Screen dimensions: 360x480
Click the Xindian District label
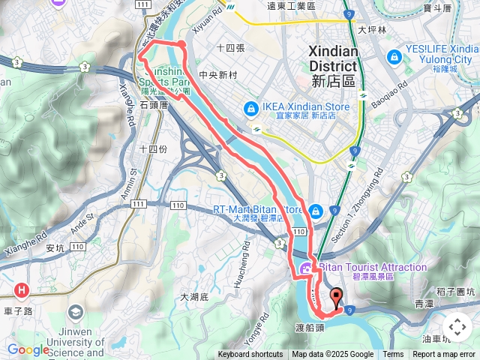pyautogui.click(x=334, y=58)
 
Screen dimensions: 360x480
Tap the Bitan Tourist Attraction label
pyautogui.click(x=373, y=267)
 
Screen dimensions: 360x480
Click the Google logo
pyautogui.click(x=28, y=349)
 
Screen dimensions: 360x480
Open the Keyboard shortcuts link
pyautogui.click(x=250, y=355)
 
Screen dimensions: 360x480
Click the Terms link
pyautogui.click(x=393, y=355)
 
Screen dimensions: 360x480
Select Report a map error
pyautogui.click(x=445, y=355)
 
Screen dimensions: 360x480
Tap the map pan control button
pyautogui.click(x=457, y=327)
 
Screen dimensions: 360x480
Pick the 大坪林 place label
pyautogui.click(x=371, y=31)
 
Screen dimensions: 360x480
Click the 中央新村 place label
pyautogui.click(x=217, y=76)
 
